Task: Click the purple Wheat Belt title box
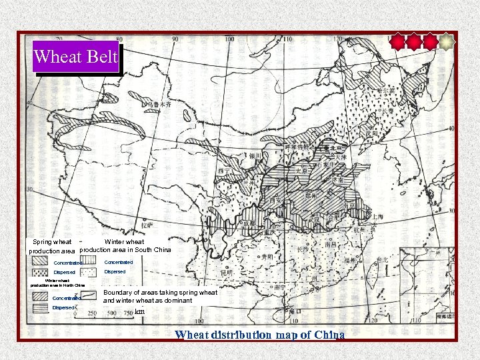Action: [x=76, y=57]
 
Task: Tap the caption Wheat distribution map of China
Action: [x=260, y=335]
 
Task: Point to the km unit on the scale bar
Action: [x=139, y=311]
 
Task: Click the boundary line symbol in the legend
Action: [x=88, y=295]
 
